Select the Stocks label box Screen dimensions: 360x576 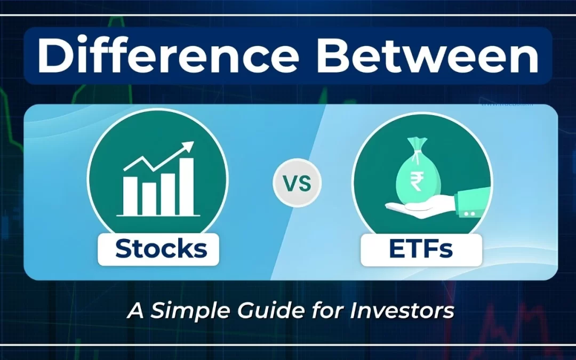point(158,249)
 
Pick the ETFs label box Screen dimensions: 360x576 point(421,249)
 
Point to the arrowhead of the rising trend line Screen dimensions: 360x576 point(188,146)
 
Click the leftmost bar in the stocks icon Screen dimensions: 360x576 point(130,195)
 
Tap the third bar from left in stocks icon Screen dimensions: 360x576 point(167,193)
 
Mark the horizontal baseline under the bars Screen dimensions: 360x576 point(158,216)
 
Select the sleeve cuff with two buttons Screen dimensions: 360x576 point(470,205)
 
